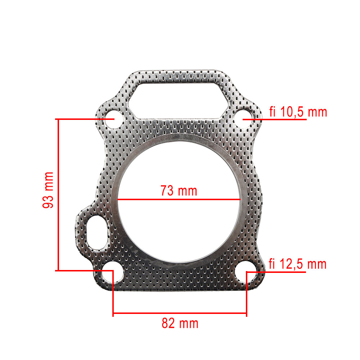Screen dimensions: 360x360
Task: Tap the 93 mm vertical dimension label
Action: pos(48,190)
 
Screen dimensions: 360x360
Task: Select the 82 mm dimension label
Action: pos(180,323)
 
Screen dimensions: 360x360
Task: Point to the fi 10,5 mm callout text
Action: pos(298,112)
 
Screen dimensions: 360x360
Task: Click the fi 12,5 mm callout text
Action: pos(297,264)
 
